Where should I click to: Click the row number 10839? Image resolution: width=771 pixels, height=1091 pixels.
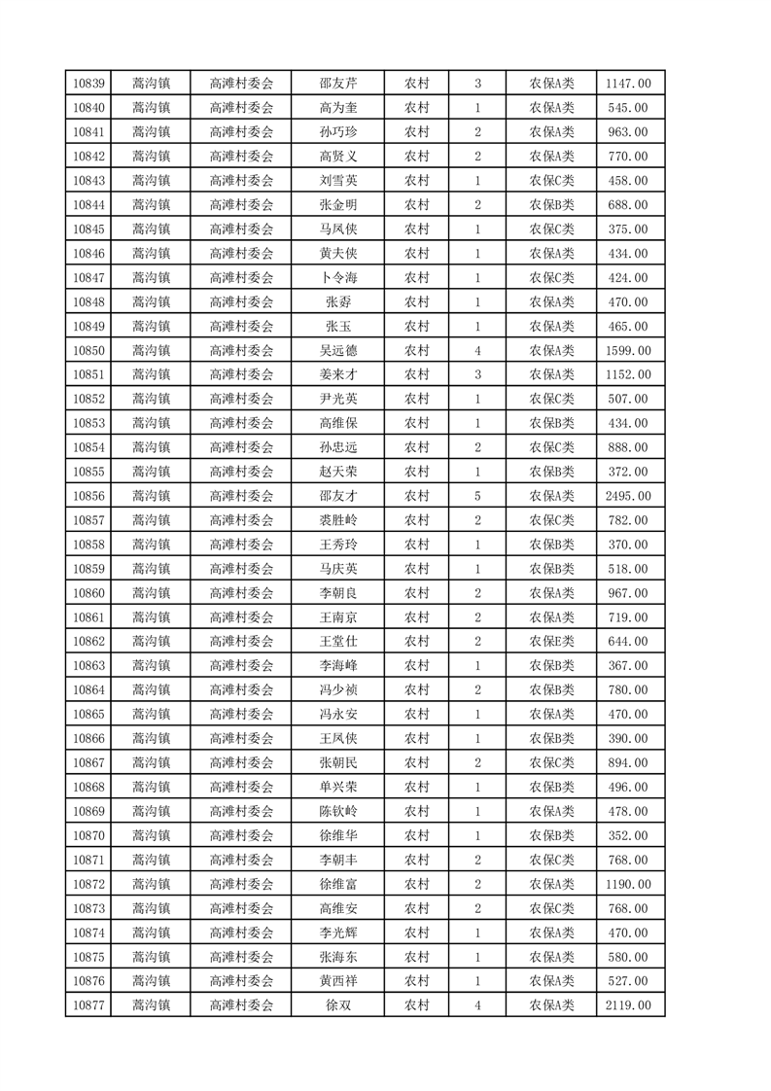coord(88,84)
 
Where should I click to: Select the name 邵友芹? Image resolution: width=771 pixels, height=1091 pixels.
coord(337,84)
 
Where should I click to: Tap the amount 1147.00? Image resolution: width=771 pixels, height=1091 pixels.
coord(629,84)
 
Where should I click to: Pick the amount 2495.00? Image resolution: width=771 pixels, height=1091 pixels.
coord(629,496)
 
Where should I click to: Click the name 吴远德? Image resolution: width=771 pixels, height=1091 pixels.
coord(337,350)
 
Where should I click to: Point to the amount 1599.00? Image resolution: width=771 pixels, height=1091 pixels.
coord(629,350)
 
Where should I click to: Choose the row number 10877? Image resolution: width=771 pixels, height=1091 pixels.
coord(88,1005)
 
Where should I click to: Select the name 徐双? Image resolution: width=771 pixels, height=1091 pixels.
coord(337,1005)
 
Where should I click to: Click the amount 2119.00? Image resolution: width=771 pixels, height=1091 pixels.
coord(629,1005)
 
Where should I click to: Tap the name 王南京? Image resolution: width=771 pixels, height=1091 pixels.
coord(337,617)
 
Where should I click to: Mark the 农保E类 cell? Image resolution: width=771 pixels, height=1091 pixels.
coord(551,642)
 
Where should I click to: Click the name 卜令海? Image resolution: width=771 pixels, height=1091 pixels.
coord(337,277)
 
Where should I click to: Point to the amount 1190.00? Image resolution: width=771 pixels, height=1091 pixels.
coord(629,884)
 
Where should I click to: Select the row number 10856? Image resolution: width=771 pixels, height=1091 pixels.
coord(88,496)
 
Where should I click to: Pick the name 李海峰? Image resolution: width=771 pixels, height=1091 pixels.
coord(337,666)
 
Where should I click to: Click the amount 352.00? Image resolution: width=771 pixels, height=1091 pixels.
coord(629,835)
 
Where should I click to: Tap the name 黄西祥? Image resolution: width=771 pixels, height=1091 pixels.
coord(337,981)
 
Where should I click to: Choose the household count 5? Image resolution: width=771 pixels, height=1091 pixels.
coord(477,496)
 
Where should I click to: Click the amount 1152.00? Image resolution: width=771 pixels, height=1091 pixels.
coord(629,374)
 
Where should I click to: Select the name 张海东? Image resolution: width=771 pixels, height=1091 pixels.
coord(337,957)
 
